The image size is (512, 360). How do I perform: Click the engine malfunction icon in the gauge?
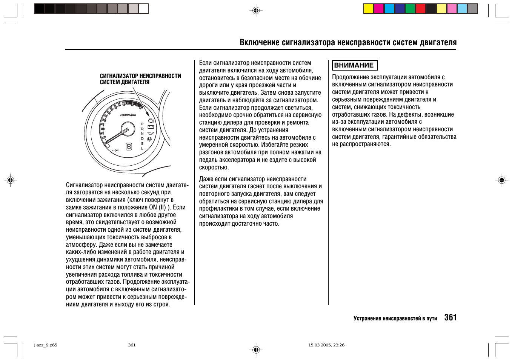(x=151, y=121)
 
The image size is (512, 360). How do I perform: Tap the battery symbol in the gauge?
(x=151, y=127)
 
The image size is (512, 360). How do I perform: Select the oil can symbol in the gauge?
(x=151, y=133)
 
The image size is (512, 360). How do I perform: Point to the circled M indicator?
(x=149, y=139)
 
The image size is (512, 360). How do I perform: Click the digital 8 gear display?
(x=129, y=146)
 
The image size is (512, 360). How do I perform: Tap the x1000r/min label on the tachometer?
(x=128, y=115)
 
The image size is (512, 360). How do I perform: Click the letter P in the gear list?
(x=142, y=124)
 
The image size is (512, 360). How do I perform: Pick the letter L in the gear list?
(x=142, y=148)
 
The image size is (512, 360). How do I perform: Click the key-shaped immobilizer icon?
(x=115, y=150)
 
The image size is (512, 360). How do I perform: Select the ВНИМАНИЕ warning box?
(x=354, y=65)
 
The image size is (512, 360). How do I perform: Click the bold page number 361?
(x=450, y=318)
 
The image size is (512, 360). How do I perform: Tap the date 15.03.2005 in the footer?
(x=319, y=345)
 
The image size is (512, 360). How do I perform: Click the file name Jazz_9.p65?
(x=46, y=345)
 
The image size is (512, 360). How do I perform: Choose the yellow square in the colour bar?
(x=369, y=9)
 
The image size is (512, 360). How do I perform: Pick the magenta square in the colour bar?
(x=379, y=9)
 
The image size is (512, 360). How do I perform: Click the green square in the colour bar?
(x=410, y=9)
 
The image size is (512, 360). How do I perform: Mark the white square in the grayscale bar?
(x=143, y=9)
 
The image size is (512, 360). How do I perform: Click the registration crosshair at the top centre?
(x=256, y=11)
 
